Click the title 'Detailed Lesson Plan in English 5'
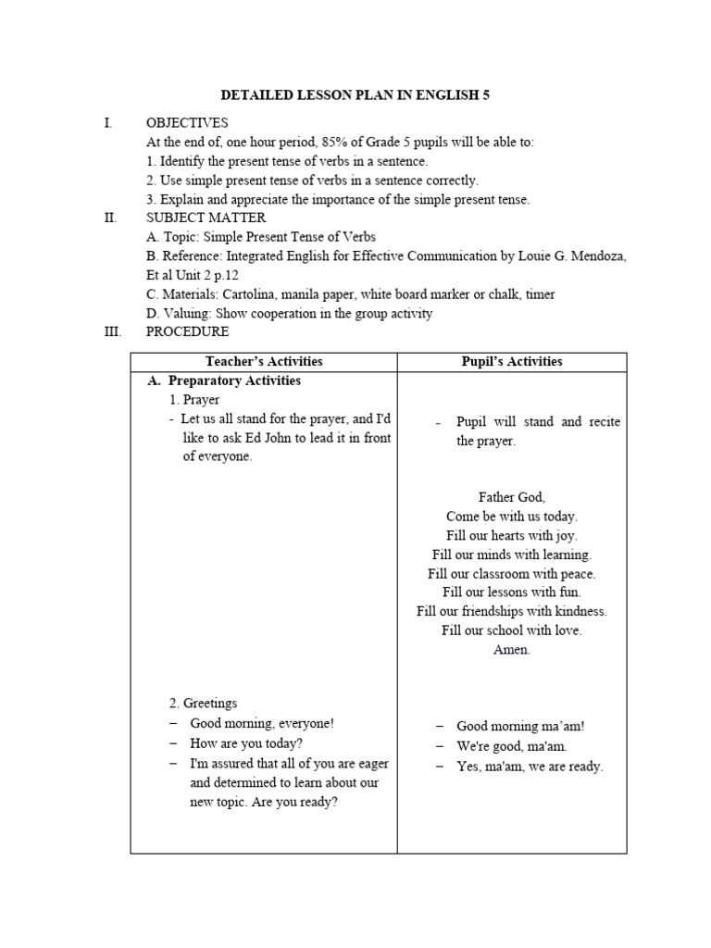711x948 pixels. point(355,94)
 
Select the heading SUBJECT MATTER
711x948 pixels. point(206,218)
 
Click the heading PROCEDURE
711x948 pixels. point(187,331)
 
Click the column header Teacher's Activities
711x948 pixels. point(264,362)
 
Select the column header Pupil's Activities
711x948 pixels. point(512,362)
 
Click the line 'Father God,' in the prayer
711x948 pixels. point(512,497)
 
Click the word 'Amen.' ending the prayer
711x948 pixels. point(512,650)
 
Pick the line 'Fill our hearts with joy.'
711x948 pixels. point(512,535)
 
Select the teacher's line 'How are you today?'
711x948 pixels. point(246,742)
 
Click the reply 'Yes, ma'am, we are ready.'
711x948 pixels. point(530,766)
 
